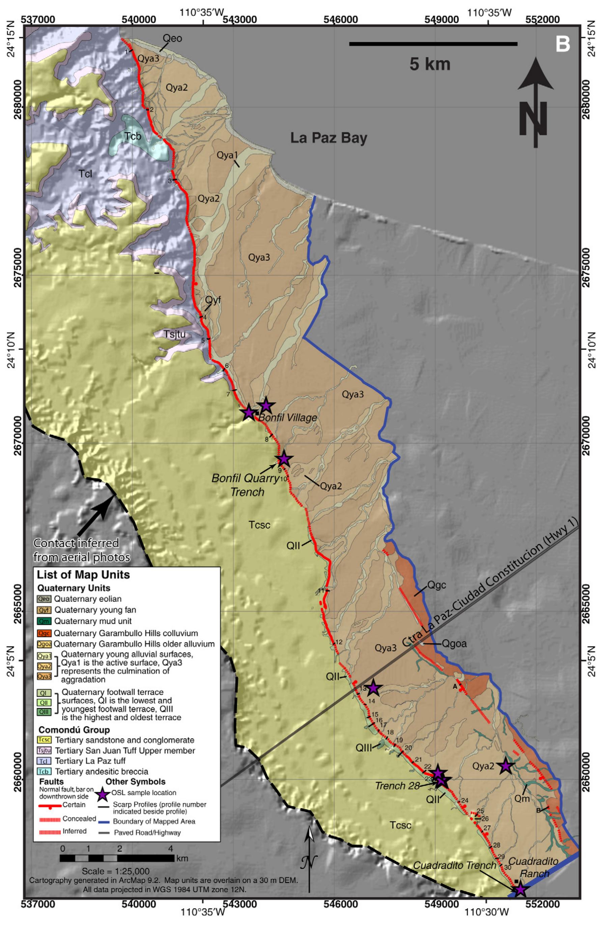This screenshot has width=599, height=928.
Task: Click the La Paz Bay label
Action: point(329,138)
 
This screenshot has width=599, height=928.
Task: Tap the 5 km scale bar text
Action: point(430,64)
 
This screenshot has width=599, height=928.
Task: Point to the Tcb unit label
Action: point(133,137)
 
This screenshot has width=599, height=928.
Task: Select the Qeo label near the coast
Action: point(172,38)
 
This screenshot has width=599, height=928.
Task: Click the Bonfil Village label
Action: point(287,418)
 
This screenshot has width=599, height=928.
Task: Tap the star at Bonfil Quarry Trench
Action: point(284,459)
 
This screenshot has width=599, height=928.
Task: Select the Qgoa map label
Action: point(454,643)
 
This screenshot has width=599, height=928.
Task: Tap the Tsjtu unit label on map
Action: point(174,334)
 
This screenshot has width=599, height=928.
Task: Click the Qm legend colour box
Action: point(44,621)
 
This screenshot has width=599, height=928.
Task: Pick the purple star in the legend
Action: point(102,793)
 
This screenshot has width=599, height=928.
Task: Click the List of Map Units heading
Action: point(83,575)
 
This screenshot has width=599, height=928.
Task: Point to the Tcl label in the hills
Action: point(86,174)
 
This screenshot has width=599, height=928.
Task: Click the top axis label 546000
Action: point(347,20)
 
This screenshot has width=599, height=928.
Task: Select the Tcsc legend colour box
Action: point(44,740)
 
